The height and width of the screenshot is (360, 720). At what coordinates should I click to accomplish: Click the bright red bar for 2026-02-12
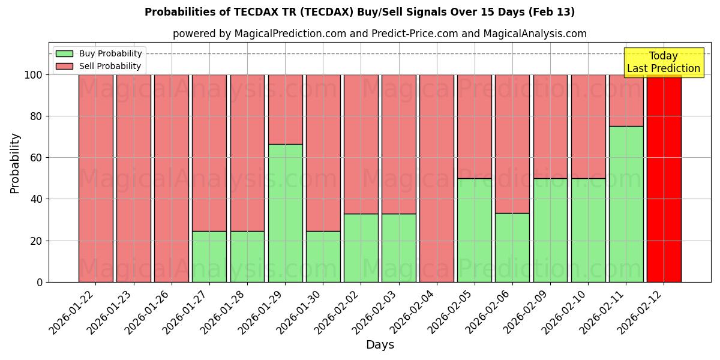[664, 178]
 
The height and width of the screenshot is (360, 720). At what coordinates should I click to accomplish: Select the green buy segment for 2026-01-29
[285, 213]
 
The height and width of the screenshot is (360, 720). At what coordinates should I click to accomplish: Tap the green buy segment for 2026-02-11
[626, 204]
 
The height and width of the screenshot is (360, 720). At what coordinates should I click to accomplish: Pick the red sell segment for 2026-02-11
[626, 100]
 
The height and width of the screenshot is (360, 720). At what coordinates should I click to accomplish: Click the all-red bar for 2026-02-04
[437, 178]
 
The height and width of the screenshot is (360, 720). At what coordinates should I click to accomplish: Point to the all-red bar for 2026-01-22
[95, 178]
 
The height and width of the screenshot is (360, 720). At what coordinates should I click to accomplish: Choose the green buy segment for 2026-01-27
[209, 256]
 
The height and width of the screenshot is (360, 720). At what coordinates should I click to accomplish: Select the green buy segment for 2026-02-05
[475, 230]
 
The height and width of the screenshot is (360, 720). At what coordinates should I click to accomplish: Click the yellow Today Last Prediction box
[663, 62]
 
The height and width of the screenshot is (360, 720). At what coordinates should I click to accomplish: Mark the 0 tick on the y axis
[40, 282]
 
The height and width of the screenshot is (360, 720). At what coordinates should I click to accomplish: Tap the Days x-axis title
[380, 345]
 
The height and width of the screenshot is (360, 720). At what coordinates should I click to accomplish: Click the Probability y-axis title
[15, 163]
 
